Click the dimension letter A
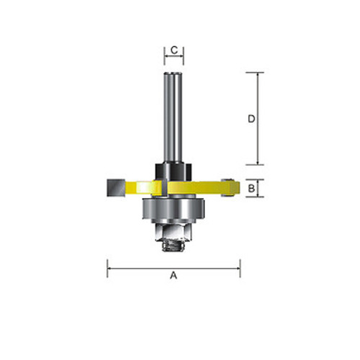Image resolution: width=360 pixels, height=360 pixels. pyautogui.click(x=174, y=274)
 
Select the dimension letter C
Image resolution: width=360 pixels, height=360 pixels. pyautogui.click(x=174, y=50)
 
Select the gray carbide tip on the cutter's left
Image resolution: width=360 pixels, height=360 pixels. pyautogui.click(x=115, y=187)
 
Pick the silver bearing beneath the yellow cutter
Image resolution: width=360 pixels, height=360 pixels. pyautogui.click(x=174, y=209)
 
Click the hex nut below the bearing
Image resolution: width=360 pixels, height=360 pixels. pyautogui.click(x=174, y=231)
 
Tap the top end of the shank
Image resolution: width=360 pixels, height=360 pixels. pyautogui.click(x=174, y=74)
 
